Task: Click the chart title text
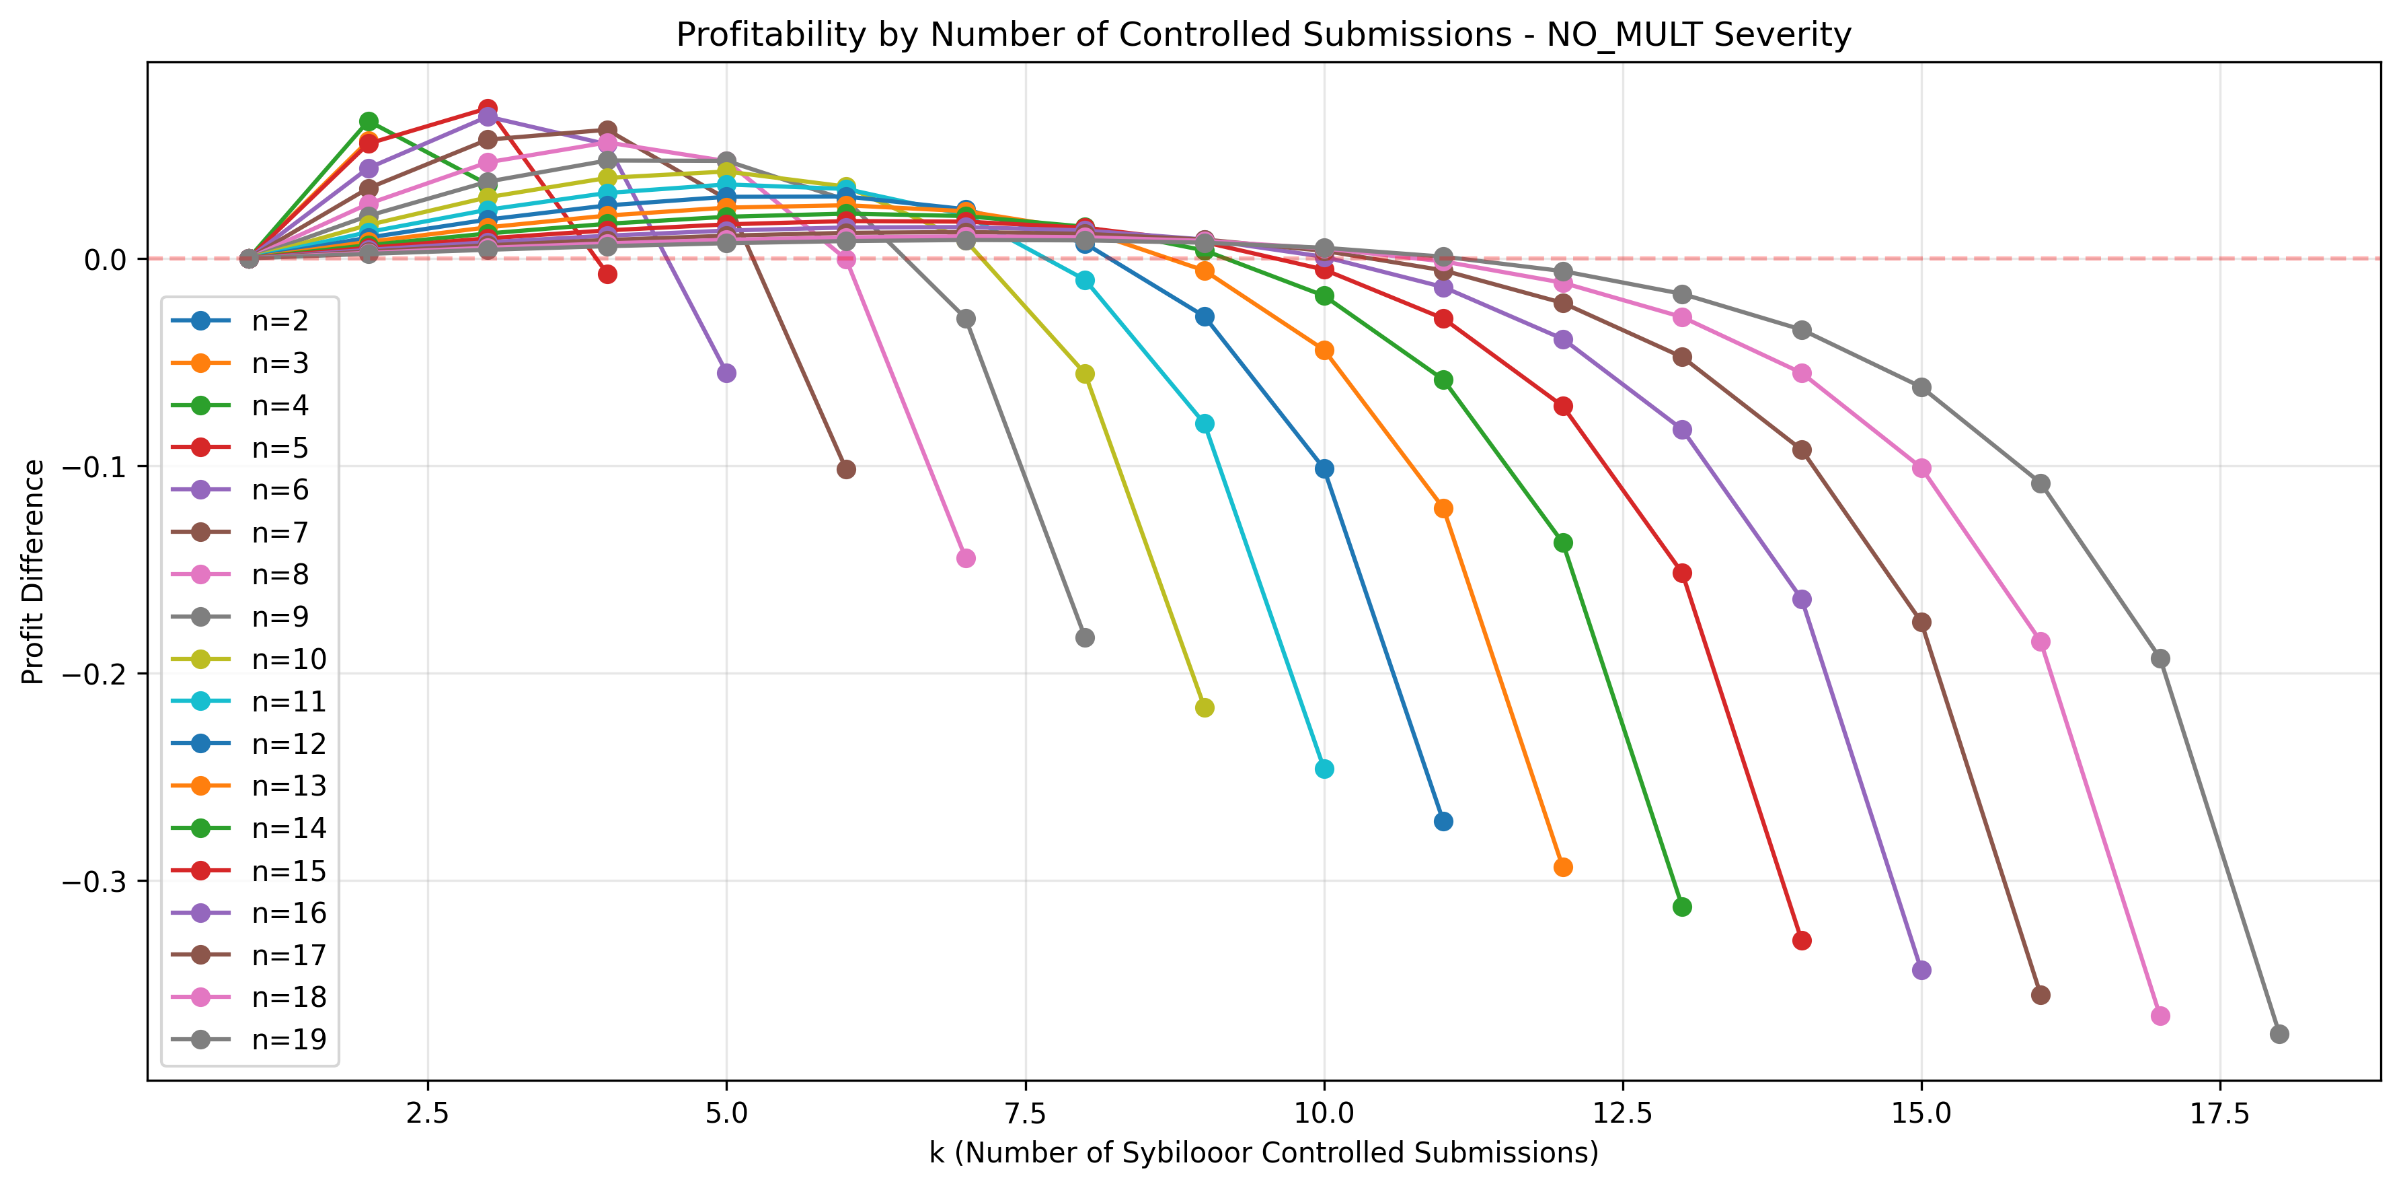[x=1263, y=34]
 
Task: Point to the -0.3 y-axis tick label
[x=94, y=881]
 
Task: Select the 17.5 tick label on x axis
[x=2219, y=1113]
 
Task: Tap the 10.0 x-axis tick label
[x=1324, y=1113]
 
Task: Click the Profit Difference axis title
[x=34, y=571]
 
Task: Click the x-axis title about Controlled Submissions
[x=1263, y=1152]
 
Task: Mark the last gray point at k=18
[x=2279, y=1034]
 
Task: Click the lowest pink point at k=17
[x=2160, y=1016]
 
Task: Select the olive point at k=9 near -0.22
[x=1205, y=708]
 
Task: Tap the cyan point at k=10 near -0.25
[x=1324, y=769]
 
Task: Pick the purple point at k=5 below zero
[x=726, y=373]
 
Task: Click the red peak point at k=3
[x=488, y=108]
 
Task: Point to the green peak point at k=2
[x=368, y=121]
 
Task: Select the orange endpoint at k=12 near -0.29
[x=1563, y=867]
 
